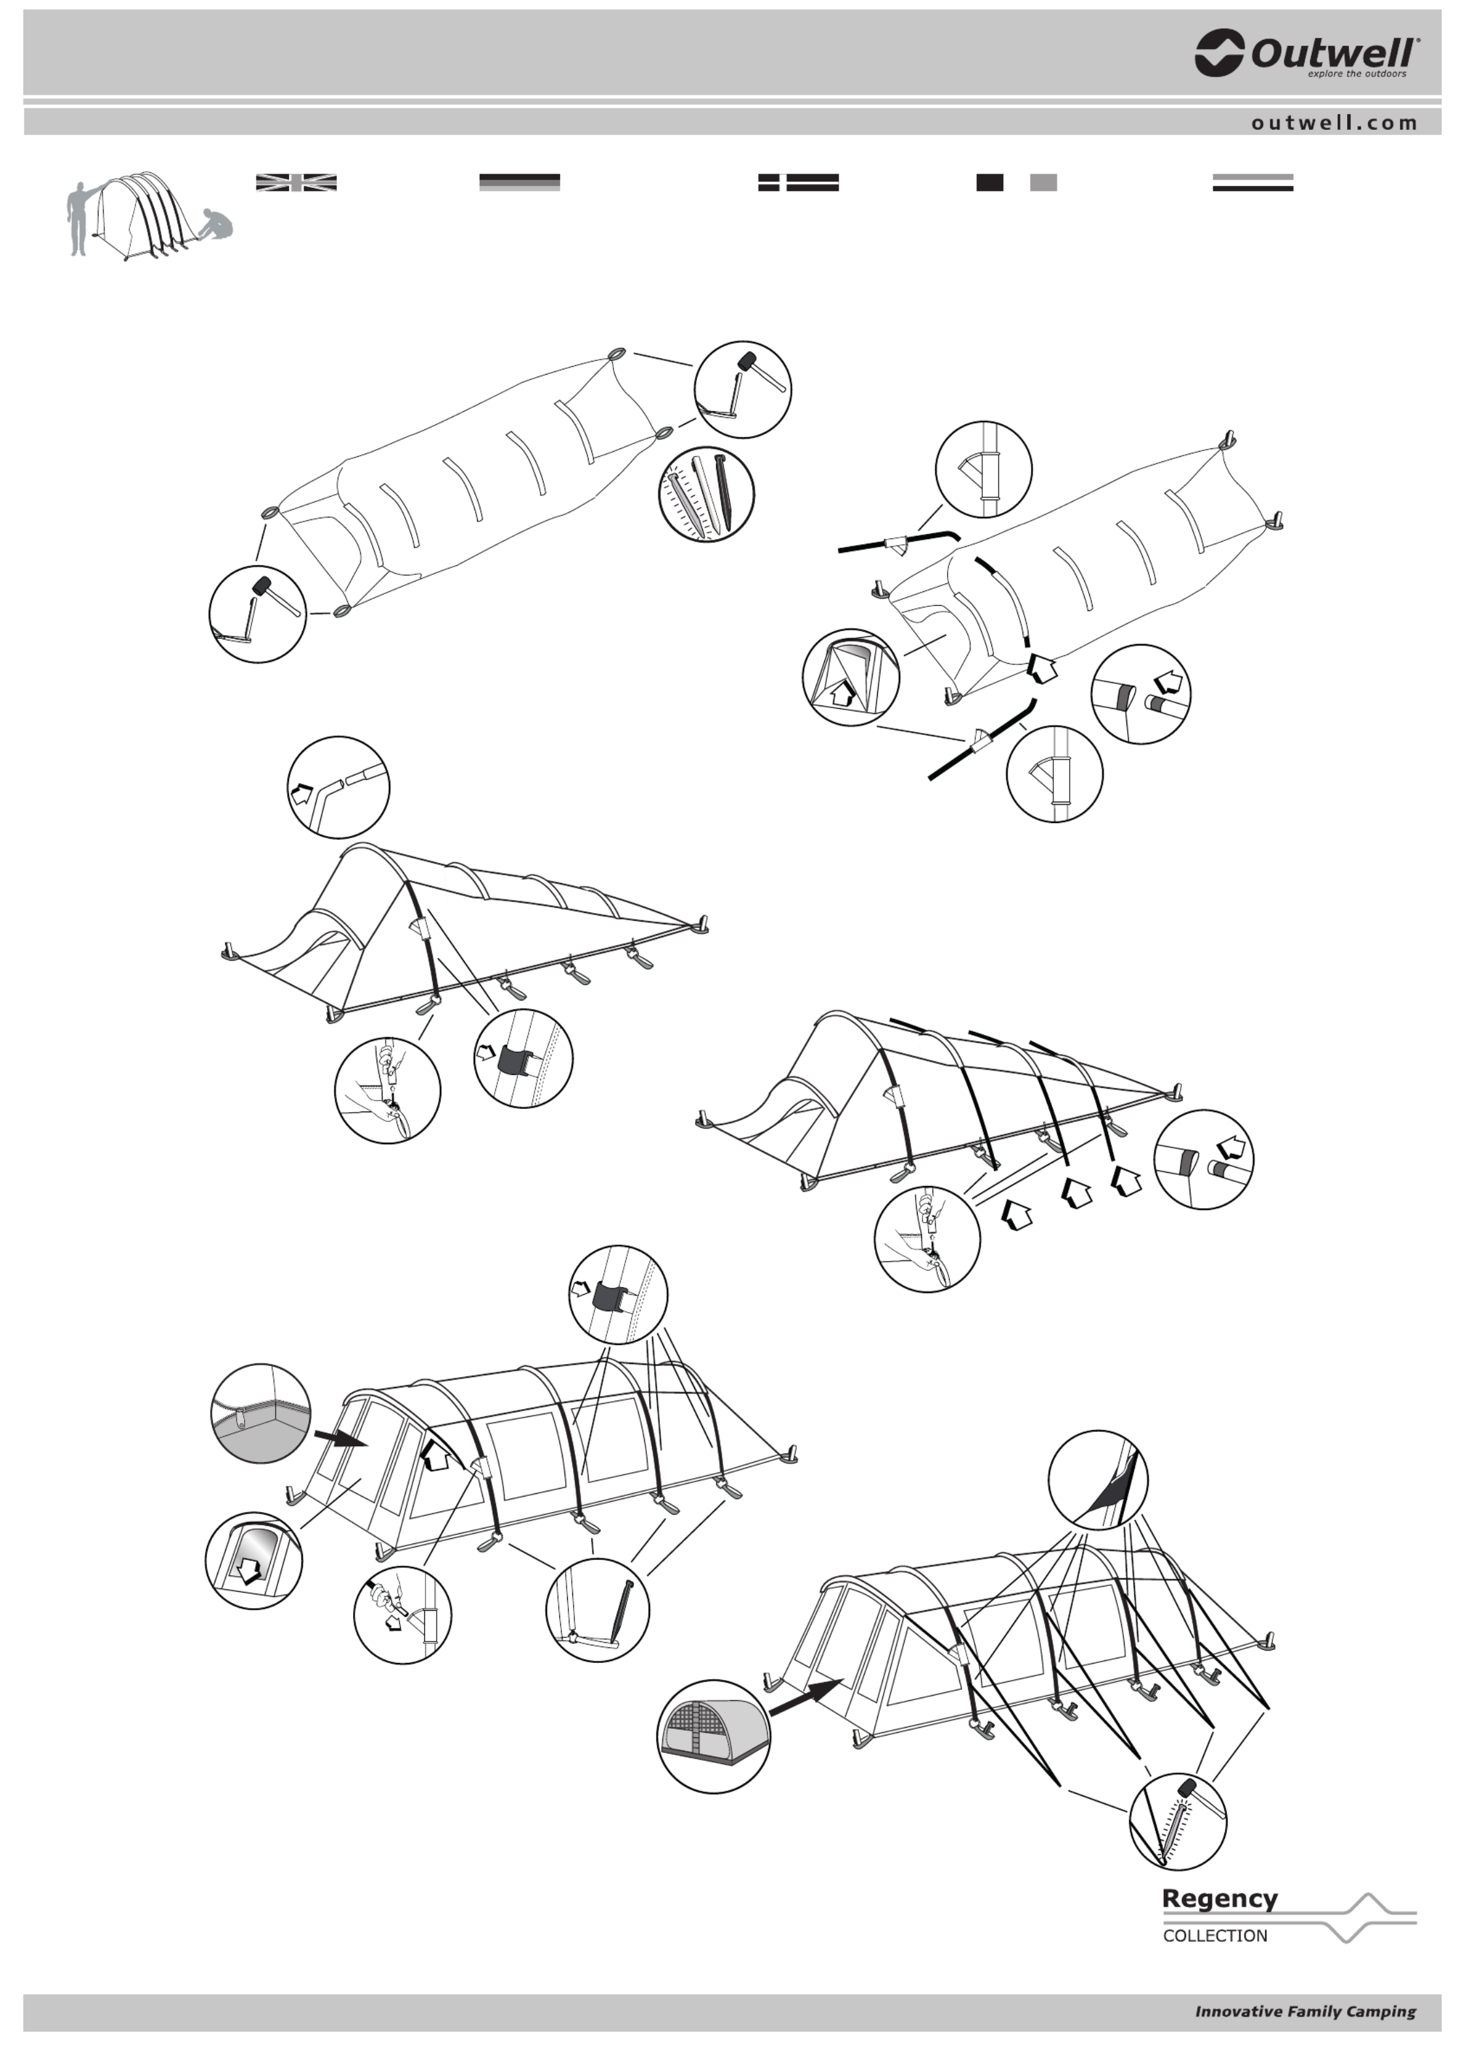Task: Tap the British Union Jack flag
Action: coord(296,183)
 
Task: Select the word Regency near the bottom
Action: coord(1220,1899)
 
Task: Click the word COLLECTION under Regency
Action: coord(1215,1936)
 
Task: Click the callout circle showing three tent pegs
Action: coord(706,494)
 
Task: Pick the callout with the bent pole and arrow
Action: coord(338,787)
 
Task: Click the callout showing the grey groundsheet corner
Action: coord(261,1413)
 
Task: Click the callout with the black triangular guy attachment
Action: coord(1098,1480)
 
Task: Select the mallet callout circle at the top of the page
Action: coord(743,390)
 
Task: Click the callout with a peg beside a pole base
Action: coord(597,1610)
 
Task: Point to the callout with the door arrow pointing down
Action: coord(254,1560)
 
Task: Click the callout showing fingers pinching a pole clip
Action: coord(402,1615)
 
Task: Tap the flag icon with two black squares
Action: coord(1016,183)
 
